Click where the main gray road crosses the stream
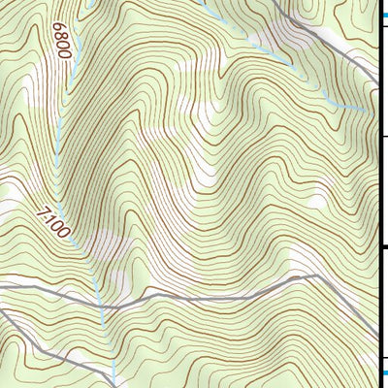tap(101, 307)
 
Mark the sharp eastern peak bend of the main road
tap(317, 275)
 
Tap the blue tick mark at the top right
tap(382, 16)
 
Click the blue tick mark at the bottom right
tap(382, 372)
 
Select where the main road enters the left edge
tap(2, 287)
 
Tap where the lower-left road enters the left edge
tap(2, 312)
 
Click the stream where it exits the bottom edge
tap(115, 385)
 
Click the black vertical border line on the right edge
tap(377, 194)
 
